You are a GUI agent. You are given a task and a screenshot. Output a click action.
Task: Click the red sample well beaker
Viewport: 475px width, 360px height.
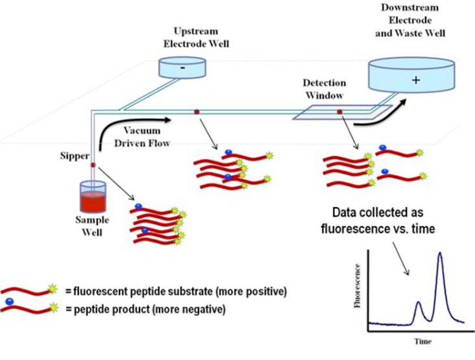93,195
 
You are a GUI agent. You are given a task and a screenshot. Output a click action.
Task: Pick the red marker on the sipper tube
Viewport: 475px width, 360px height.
93,166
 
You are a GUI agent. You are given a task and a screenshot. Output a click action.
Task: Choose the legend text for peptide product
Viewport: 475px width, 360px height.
145,310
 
